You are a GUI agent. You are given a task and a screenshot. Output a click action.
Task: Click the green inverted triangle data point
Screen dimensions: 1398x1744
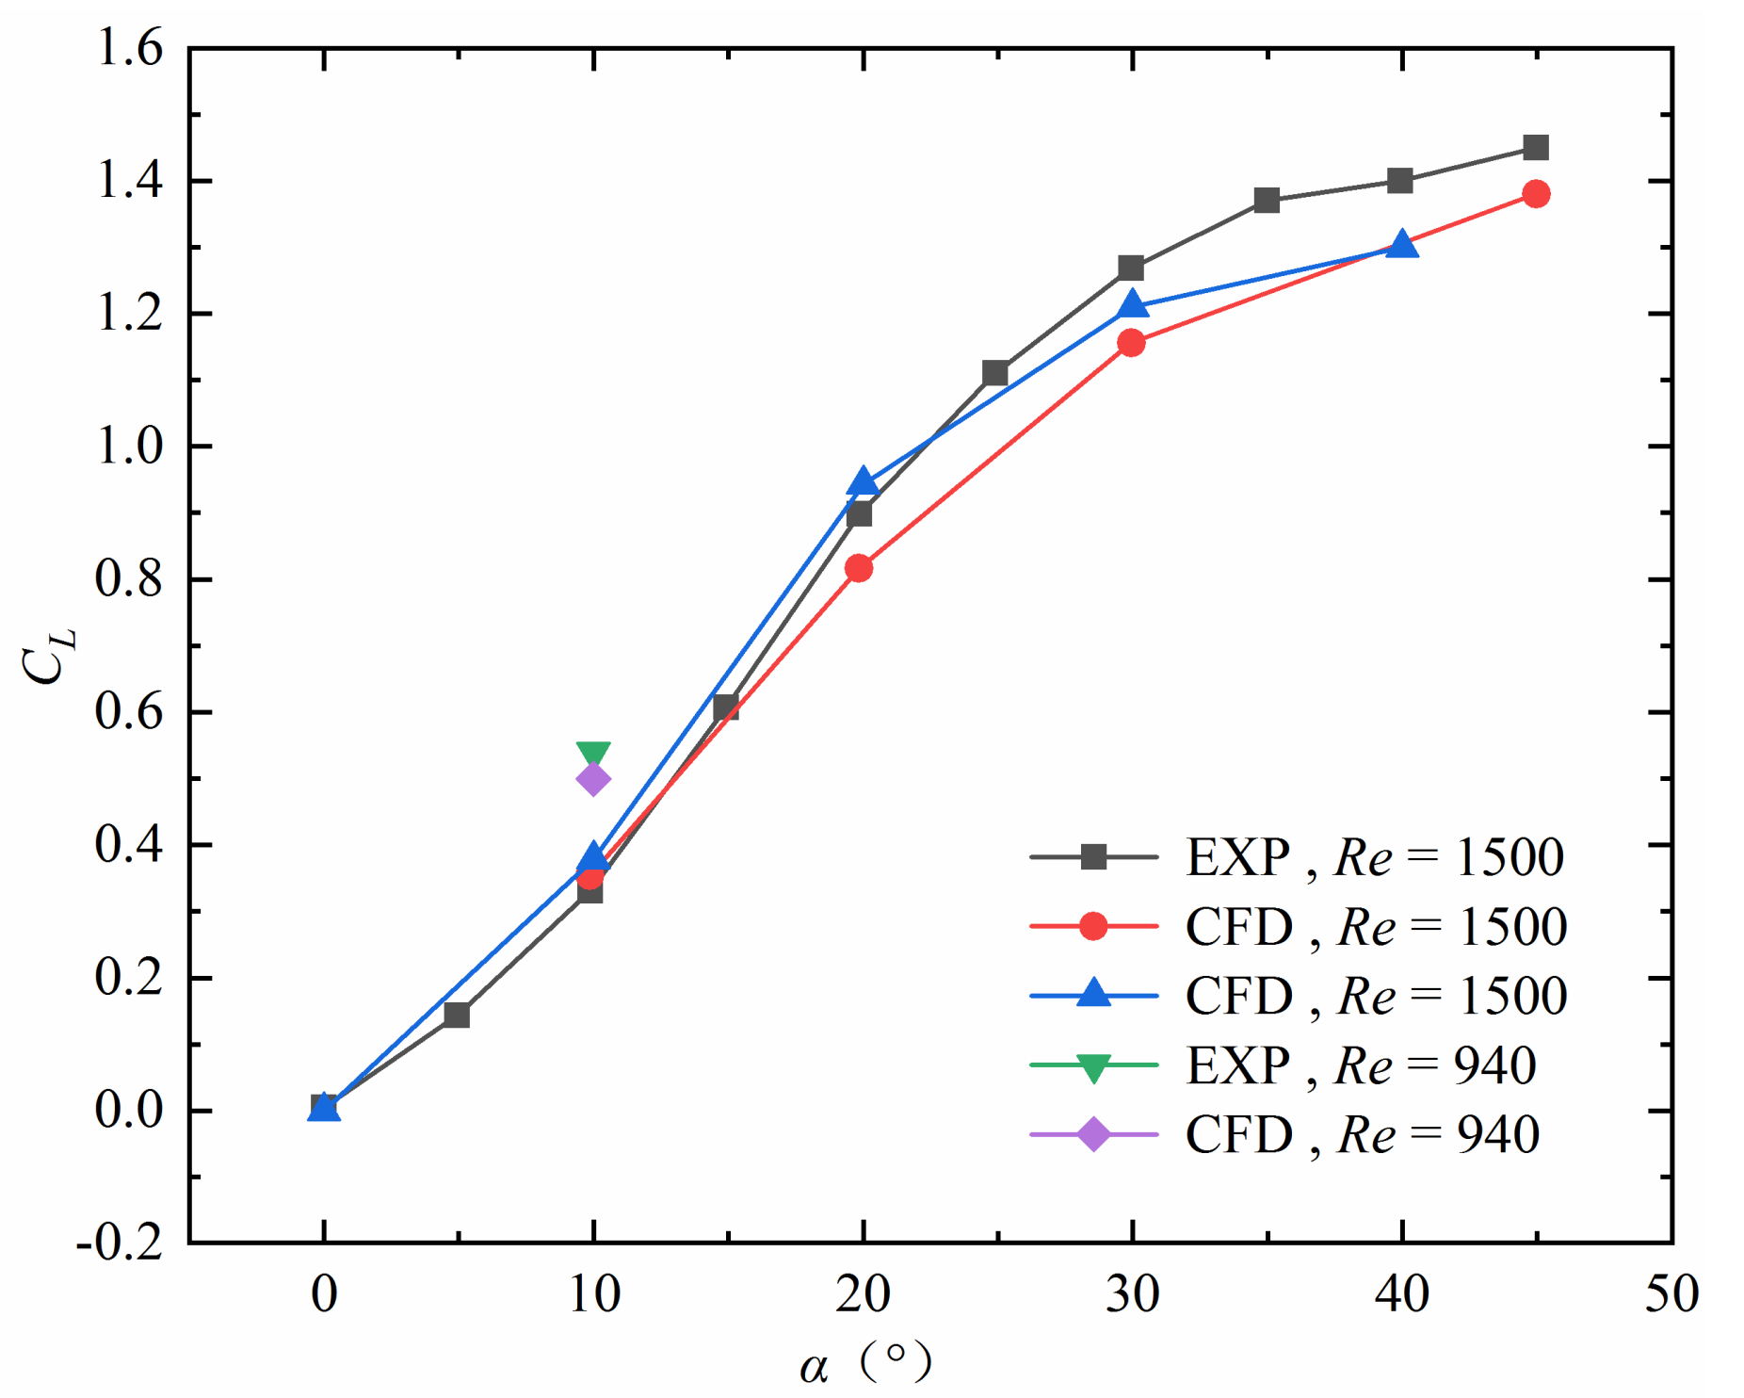593,754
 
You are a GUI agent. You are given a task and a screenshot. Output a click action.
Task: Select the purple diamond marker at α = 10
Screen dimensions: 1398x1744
593,779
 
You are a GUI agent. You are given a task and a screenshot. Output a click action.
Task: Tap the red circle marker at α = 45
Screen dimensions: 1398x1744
1536,194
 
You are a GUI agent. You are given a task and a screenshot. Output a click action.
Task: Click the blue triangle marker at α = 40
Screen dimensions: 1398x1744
1401,245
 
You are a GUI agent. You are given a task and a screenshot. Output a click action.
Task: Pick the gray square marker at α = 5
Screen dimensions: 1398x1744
457,1015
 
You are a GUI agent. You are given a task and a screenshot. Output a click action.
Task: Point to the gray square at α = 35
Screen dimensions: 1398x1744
1267,201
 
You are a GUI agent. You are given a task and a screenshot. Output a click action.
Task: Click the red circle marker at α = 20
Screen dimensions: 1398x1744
859,568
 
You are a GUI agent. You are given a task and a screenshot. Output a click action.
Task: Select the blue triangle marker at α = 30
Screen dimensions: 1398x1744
1133,305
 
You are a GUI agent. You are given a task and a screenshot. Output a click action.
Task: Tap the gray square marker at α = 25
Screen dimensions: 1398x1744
995,373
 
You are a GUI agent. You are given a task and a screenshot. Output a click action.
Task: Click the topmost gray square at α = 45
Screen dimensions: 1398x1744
1536,148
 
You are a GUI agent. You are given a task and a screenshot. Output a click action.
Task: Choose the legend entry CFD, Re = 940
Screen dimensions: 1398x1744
1362,1134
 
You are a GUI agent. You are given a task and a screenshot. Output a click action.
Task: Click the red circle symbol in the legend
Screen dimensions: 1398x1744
1093,926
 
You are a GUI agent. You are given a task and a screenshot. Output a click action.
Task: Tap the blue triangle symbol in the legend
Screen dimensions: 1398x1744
1093,994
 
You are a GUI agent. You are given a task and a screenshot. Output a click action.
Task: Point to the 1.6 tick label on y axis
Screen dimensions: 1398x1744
129,47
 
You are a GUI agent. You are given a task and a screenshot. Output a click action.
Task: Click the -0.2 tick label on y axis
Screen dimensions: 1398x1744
121,1244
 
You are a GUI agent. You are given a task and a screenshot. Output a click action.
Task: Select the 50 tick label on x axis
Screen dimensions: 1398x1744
1671,1294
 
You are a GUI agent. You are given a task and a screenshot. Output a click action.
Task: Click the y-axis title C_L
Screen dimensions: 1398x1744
47,655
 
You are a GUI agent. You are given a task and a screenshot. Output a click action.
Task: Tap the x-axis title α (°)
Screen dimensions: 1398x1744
864,1362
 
